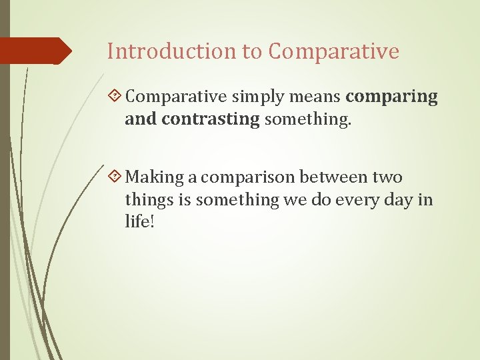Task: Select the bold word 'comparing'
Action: (392, 97)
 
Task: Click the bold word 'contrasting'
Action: (209, 119)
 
